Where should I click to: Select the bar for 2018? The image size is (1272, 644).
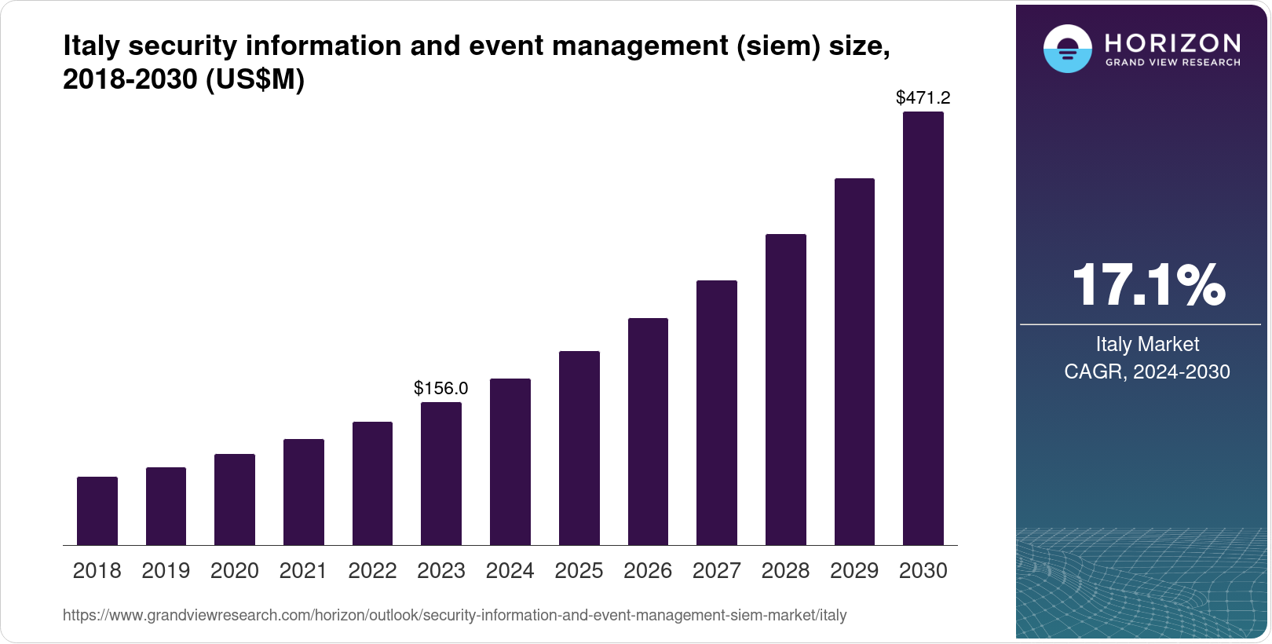tap(97, 510)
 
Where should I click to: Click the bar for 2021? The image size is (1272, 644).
tap(304, 492)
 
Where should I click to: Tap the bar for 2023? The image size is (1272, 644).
tap(441, 474)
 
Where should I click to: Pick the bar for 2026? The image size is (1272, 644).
tap(648, 431)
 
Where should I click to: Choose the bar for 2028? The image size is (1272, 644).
tap(785, 390)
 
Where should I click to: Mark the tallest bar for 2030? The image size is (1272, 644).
tap(923, 328)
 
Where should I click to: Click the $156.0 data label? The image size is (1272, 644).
tap(441, 388)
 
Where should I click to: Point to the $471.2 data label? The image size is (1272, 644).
tap(923, 97)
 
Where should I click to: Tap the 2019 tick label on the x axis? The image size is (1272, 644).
tap(166, 571)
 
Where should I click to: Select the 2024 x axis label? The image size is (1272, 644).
tap(510, 571)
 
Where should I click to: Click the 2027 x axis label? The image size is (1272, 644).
tap(716, 571)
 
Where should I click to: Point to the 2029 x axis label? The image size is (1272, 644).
tap(854, 571)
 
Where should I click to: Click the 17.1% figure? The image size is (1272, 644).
tap(1148, 285)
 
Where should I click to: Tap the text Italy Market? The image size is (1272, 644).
tap(1147, 344)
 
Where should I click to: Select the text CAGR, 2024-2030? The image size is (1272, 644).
tap(1147, 371)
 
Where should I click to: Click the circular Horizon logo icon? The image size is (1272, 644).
tap(1067, 49)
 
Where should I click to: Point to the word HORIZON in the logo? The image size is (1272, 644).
tap(1172, 42)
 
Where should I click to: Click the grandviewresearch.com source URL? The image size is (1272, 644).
tap(455, 615)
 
